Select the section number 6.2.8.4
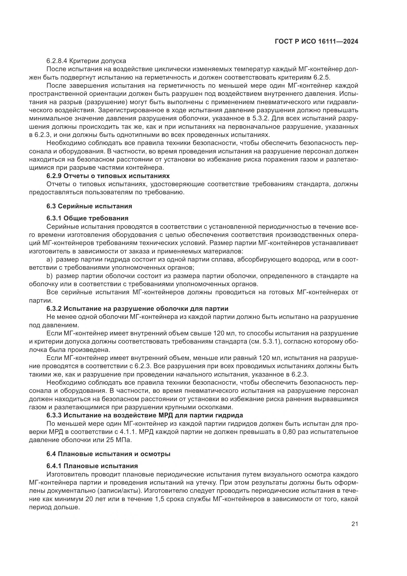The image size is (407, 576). point(57,61)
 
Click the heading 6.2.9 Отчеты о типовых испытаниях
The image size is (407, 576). point(108,176)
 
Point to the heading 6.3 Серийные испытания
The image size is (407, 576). point(89,206)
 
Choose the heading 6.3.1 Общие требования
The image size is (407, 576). point(87,218)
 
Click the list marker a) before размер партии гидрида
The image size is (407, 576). point(49,259)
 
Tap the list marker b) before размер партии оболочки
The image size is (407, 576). point(49,276)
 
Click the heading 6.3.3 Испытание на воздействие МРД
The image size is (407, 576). point(145,415)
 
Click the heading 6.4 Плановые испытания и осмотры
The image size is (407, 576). point(108,454)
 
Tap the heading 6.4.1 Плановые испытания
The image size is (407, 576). point(92,466)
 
